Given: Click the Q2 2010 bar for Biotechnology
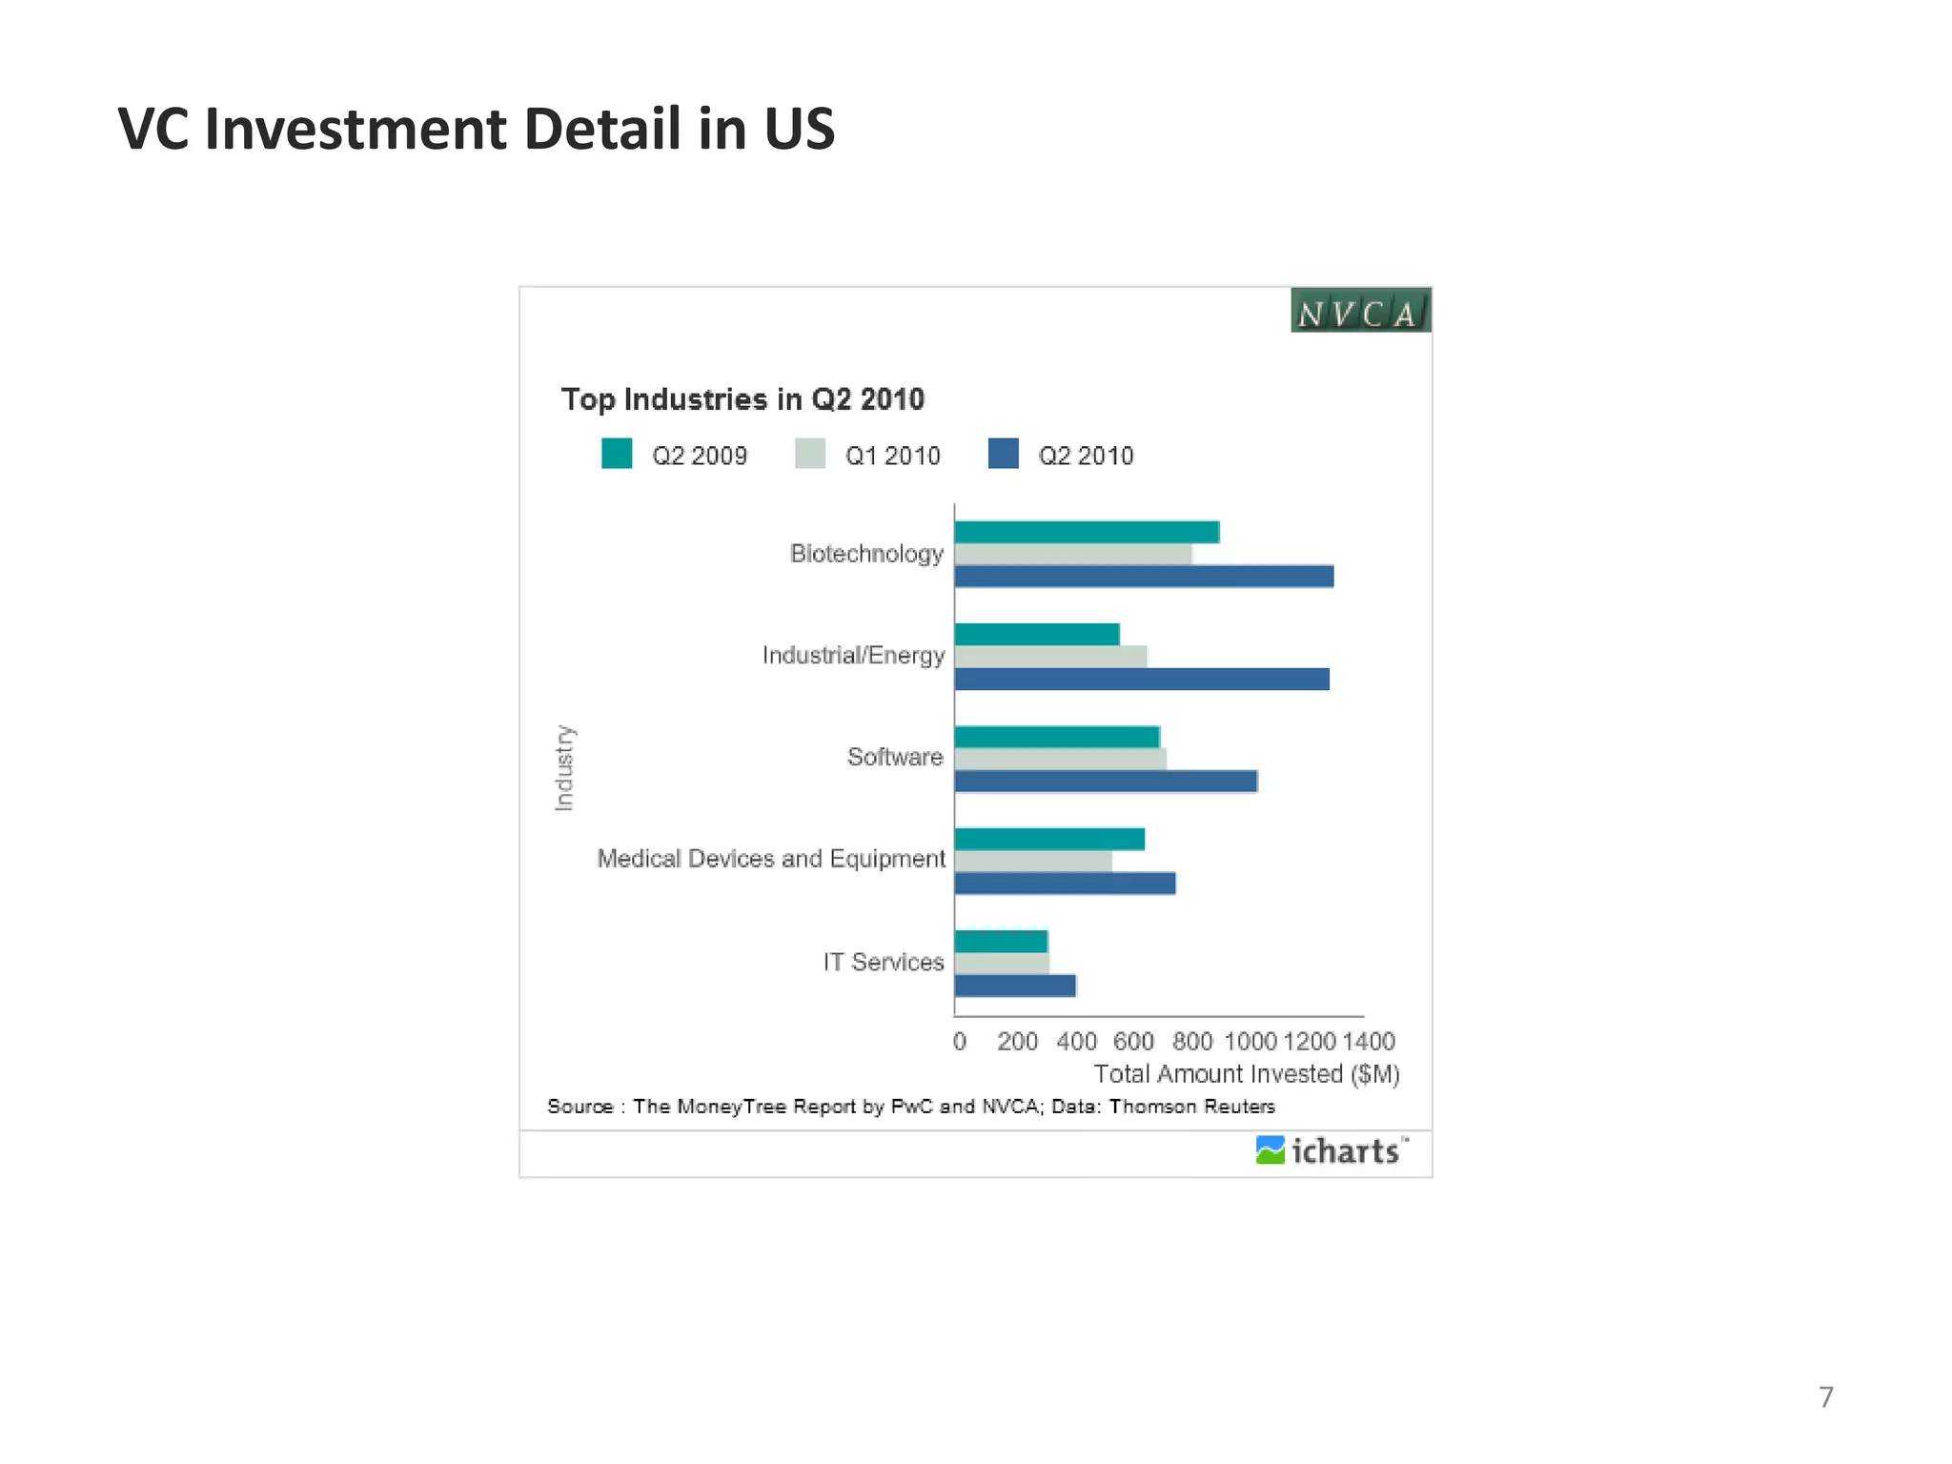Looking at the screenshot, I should pyautogui.click(x=1144, y=577).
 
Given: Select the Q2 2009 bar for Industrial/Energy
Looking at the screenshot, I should pyautogui.click(x=1037, y=635).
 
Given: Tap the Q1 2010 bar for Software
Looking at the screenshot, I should pyautogui.click(x=1060, y=759).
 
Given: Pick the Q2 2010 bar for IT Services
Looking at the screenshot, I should pyautogui.click(x=1015, y=986).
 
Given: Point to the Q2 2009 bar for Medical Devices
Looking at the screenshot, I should pyautogui.click(x=1049, y=840).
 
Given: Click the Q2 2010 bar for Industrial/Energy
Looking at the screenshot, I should pyautogui.click(x=1142, y=679).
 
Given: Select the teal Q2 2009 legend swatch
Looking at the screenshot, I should pyautogui.click(x=617, y=454).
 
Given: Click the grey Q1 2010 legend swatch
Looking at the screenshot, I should pyautogui.click(x=810, y=454).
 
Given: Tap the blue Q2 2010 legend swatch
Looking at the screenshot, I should pyautogui.click(x=1003, y=454).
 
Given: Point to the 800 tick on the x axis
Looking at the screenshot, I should pyautogui.click(x=1191, y=1041).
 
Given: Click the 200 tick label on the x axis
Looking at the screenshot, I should pyautogui.click(x=1017, y=1041).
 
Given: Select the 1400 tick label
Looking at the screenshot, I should pyautogui.click(x=1369, y=1041).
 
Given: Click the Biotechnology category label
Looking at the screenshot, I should pyautogui.click(x=866, y=554).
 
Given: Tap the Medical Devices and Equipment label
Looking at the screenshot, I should pyautogui.click(x=771, y=859).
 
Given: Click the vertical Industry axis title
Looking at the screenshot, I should pyautogui.click(x=564, y=768).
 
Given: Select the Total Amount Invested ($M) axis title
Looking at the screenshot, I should pyautogui.click(x=1246, y=1074).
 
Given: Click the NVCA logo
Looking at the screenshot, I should pyautogui.click(x=1360, y=311).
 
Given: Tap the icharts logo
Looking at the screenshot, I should pyautogui.click(x=1332, y=1151).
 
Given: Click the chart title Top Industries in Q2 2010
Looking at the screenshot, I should pyautogui.click(x=742, y=399).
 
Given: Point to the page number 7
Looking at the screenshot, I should pyautogui.click(x=1825, y=1397).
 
